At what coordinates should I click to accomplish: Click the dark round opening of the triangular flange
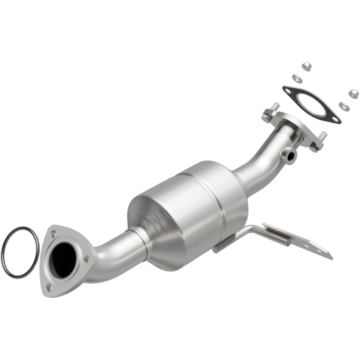(x=63, y=260)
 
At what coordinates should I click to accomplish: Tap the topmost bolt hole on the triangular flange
(x=54, y=234)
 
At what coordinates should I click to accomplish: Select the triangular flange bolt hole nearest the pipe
(x=86, y=259)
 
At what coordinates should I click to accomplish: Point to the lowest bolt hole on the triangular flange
(x=49, y=287)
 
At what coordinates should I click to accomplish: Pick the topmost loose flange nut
(x=307, y=66)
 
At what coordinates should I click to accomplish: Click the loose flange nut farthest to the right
(x=353, y=94)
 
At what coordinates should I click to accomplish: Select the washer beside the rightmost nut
(x=344, y=106)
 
